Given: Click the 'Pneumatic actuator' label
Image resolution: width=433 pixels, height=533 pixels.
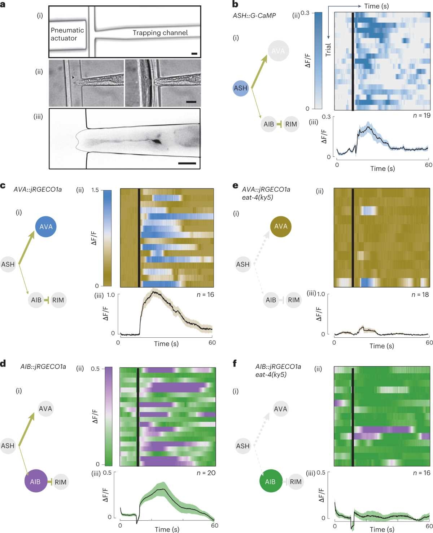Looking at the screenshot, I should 67,34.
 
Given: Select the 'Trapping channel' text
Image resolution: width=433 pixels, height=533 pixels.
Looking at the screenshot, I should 160,33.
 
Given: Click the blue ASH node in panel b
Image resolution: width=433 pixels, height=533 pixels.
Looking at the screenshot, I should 241,88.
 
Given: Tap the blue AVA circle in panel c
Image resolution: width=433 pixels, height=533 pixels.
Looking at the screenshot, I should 46,227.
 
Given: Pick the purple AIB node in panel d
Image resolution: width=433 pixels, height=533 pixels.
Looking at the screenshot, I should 35,481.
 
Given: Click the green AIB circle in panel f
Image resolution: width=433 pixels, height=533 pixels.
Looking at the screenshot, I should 270,481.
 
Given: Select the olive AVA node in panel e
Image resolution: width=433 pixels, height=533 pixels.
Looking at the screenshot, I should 281,226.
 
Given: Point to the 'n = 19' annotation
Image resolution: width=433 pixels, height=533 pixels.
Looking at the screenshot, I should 421,116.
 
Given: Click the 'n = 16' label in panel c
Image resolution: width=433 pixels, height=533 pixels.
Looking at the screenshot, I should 205,294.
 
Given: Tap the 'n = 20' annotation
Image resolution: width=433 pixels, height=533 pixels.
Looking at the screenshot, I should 206,473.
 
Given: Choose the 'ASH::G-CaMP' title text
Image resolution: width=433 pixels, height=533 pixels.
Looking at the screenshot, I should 254,15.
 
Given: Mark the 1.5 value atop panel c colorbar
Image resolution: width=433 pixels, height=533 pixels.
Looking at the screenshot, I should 95,190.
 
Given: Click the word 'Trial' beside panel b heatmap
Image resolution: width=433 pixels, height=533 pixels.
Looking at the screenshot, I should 328,50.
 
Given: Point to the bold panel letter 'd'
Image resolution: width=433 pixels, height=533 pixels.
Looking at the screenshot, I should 3,363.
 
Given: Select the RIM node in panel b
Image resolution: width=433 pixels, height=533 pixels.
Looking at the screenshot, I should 291,124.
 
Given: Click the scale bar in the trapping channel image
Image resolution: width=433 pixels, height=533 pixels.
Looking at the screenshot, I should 194,54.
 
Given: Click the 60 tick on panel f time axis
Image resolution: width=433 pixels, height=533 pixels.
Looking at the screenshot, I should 429,526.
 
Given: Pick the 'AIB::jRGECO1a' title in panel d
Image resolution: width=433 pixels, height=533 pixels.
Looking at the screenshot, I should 43,367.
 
